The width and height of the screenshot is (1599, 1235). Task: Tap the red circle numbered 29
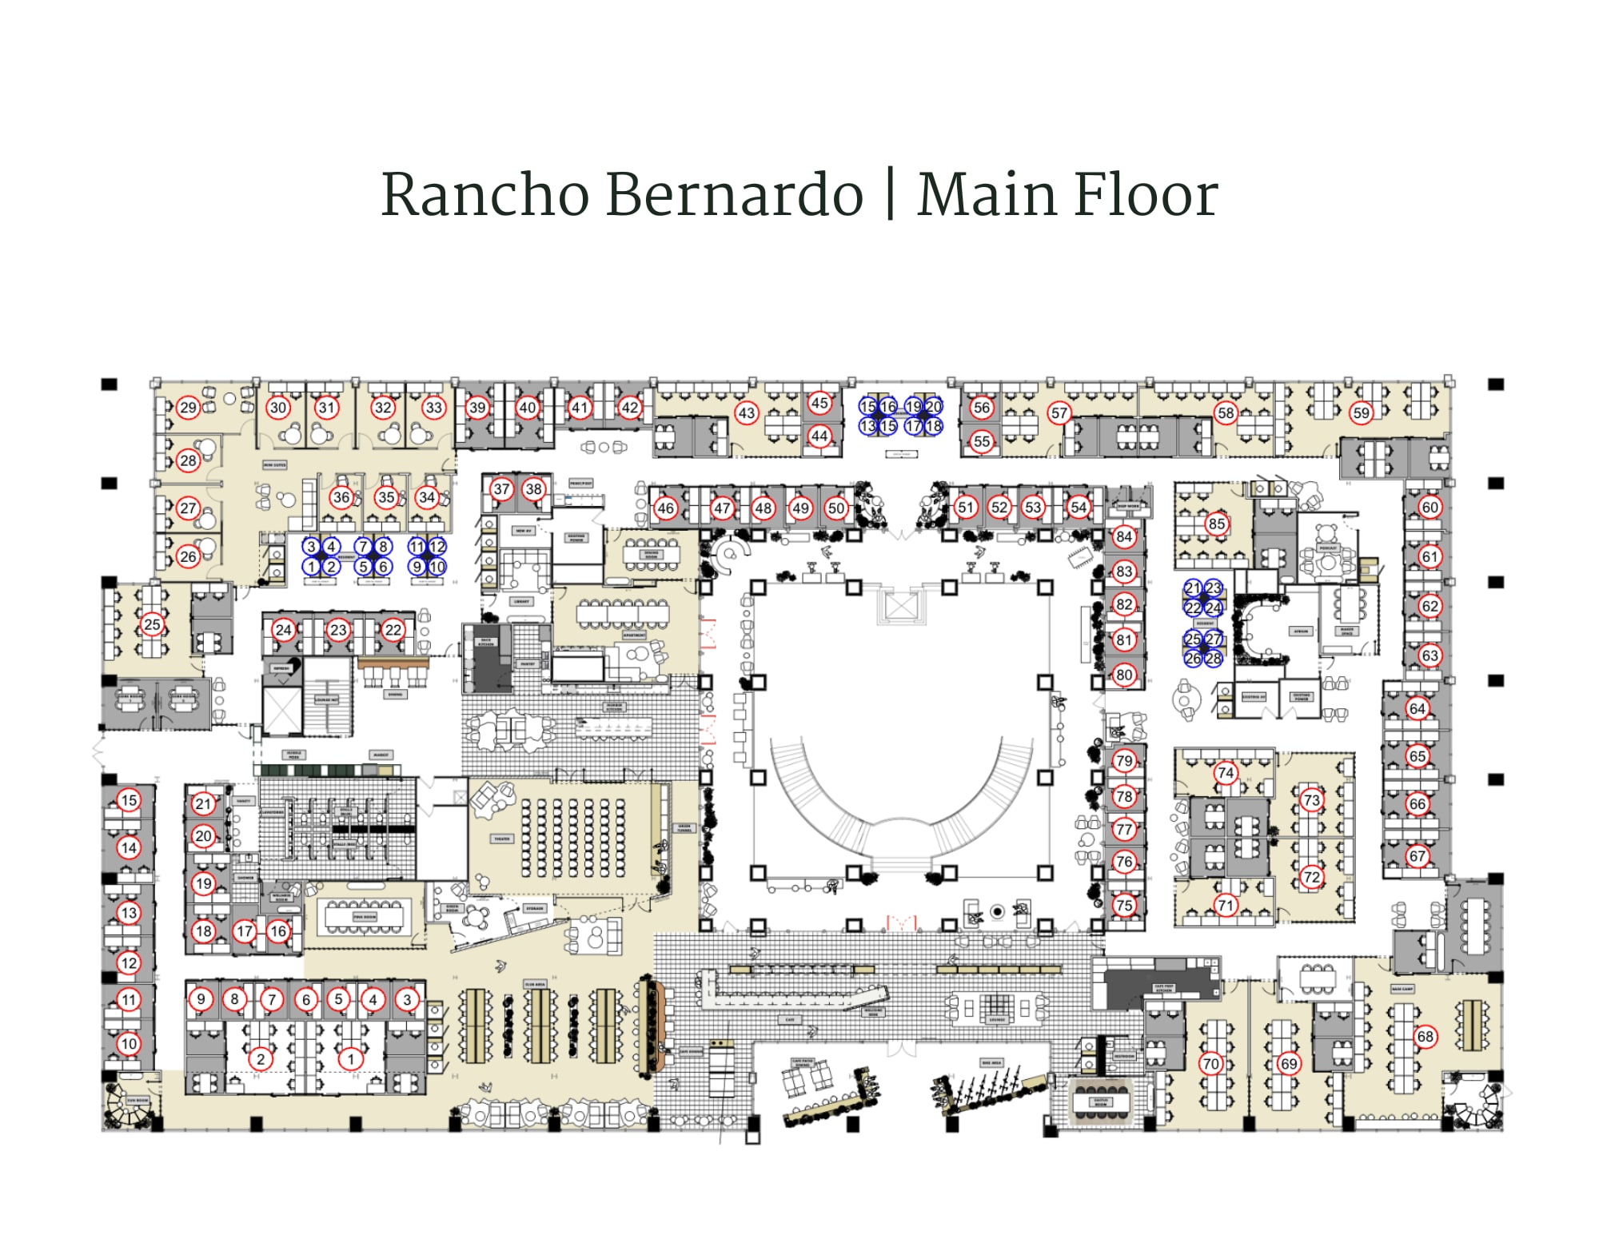tap(188, 408)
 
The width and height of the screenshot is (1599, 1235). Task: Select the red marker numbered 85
tap(1216, 524)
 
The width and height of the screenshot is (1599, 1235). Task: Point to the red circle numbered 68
tap(1425, 1037)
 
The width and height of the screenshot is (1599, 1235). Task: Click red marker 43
tap(746, 413)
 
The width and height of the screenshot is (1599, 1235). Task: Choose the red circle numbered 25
tap(152, 624)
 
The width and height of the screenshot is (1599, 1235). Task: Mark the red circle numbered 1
tap(350, 1059)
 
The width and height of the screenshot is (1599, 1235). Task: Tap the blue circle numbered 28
tap(1213, 659)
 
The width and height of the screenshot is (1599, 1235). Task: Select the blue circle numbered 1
tap(311, 567)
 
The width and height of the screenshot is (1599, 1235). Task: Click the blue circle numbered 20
tap(933, 406)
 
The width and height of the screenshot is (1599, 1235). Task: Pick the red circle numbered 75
tap(1124, 905)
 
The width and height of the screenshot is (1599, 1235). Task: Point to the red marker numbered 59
tap(1361, 413)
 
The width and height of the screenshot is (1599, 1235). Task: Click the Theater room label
tap(501, 839)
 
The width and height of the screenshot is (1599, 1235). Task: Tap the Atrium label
tap(1301, 631)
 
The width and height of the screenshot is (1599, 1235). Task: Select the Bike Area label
tap(991, 1062)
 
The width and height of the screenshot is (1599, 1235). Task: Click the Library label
tap(521, 601)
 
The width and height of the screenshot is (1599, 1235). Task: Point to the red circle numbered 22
tap(393, 629)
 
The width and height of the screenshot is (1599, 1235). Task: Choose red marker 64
tap(1417, 708)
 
